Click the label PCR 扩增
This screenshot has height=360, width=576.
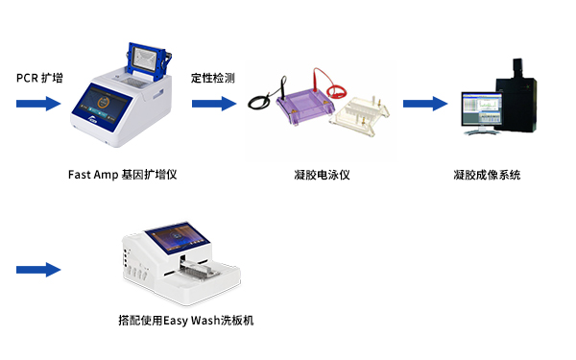[x=39, y=78]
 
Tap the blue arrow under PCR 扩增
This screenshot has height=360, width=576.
[x=38, y=104]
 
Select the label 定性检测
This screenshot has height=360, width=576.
[x=213, y=78]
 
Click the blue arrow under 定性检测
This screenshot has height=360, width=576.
[x=214, y=104]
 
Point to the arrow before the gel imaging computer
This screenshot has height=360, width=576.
[x=425, y=104]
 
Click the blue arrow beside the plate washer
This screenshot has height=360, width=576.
[x=38, y=270]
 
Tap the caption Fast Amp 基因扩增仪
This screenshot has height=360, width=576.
[x=122, y=175]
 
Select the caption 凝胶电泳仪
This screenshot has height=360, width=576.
[x=322, y=175]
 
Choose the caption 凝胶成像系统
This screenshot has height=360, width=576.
[x=487, y=175]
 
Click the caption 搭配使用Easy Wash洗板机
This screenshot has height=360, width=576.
[x=186, y=321]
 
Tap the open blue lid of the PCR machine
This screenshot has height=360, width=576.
[x=149, y=61]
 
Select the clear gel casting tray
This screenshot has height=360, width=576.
[x=359, y=116]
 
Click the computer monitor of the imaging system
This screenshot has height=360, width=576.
[x=482, y=109]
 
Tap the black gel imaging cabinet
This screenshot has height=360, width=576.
[x=516, y=96]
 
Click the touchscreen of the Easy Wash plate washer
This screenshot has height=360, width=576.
[x=178, y=238]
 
